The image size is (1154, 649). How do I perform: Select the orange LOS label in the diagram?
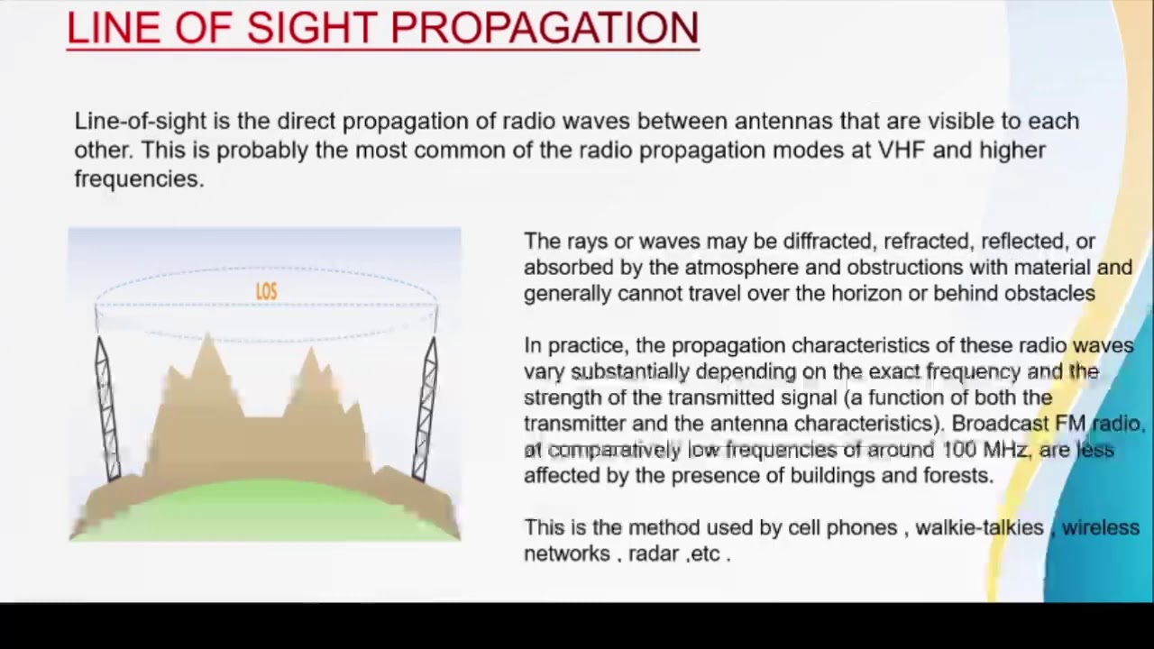[x=266, y=291]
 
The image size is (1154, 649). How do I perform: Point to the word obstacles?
[x=1053, y=294]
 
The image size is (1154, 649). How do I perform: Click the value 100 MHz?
[x=985, y=450]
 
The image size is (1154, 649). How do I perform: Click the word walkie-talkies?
[x=979, y=528]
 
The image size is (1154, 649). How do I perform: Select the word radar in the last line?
[x=654, y=554]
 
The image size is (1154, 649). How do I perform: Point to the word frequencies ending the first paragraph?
[x=138, y=178]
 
